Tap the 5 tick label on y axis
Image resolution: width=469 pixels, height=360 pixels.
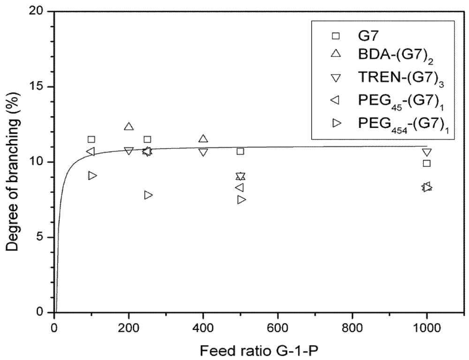point(42,237)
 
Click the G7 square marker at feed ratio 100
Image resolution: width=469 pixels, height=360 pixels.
point(91,139)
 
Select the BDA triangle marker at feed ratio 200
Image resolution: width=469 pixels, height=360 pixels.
point(129,127)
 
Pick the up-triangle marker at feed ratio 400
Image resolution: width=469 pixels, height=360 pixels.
point(203,139)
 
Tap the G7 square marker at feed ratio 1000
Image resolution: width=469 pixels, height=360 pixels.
point(426,163)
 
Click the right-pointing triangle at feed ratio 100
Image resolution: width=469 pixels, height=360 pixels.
point(92,175)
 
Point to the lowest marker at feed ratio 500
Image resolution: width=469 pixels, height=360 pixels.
point(242,199)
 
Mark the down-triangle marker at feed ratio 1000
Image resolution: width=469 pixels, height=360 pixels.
point(426,152)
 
